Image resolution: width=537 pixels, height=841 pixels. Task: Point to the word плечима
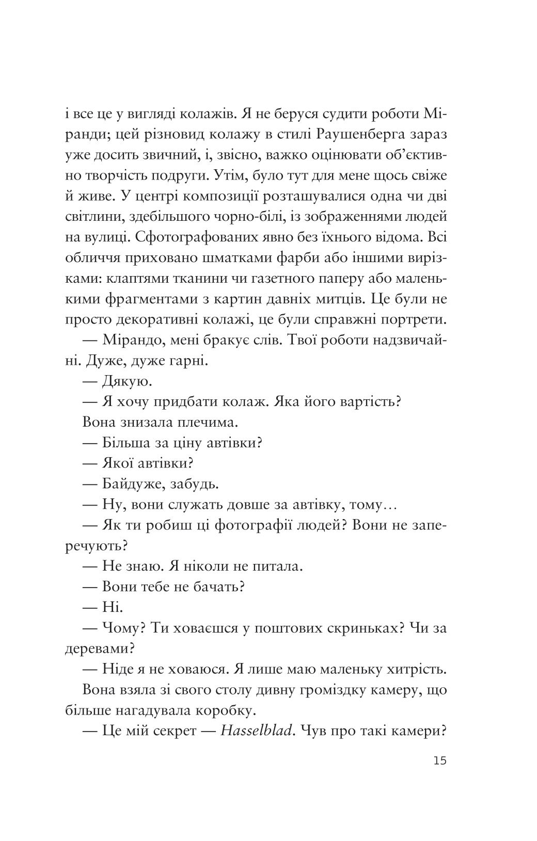[x=207, y=423]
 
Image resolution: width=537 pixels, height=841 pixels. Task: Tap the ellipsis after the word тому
[x=387, y=506]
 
